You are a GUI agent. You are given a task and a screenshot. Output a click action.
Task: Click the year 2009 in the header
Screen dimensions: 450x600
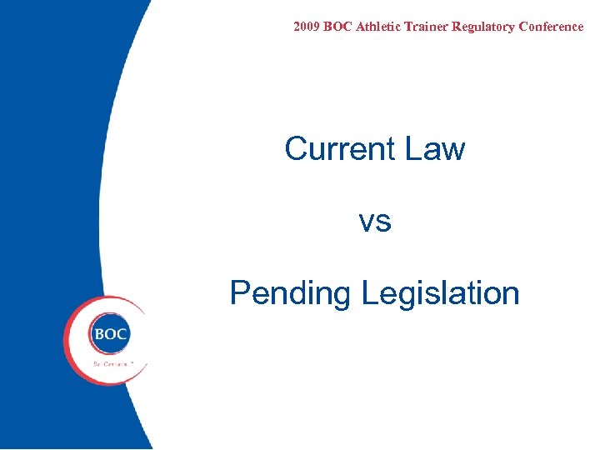307,27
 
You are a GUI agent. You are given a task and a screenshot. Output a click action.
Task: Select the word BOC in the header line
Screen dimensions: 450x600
337,27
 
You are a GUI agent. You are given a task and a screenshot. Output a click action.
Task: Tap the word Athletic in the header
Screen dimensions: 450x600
379,27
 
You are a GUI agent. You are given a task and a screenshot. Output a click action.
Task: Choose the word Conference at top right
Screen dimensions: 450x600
551,27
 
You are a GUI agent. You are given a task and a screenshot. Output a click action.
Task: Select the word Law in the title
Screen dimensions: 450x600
435,149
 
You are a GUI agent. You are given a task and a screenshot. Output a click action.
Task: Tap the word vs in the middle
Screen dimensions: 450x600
375,222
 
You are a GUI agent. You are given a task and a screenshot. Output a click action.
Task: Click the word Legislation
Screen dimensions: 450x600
441,294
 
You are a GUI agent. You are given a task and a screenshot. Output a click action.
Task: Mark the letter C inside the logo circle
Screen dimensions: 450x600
122,334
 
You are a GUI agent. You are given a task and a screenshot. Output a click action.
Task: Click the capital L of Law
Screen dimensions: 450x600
412,149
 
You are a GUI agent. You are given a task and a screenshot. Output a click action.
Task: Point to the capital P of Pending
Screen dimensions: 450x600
239,293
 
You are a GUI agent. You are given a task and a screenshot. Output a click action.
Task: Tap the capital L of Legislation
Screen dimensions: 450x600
370,293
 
